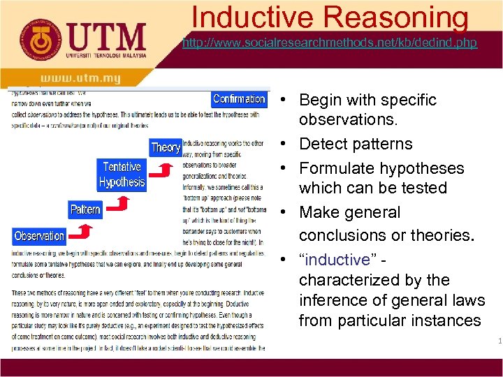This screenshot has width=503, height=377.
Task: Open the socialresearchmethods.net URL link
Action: point(329,43)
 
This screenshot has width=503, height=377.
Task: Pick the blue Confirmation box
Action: point(239,98)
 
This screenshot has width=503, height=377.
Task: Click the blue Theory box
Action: point(166,147)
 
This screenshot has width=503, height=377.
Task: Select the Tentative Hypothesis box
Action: point(122,175)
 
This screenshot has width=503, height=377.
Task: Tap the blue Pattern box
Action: point(85,209)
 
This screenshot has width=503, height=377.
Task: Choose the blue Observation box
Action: point(39,236)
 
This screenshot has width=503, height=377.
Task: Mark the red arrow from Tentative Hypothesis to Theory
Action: point(163,170)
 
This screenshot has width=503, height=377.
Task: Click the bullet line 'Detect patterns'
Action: point(356,145)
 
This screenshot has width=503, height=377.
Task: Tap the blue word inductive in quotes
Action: point(338,260)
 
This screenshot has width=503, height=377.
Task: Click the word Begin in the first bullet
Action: point(322,100)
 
